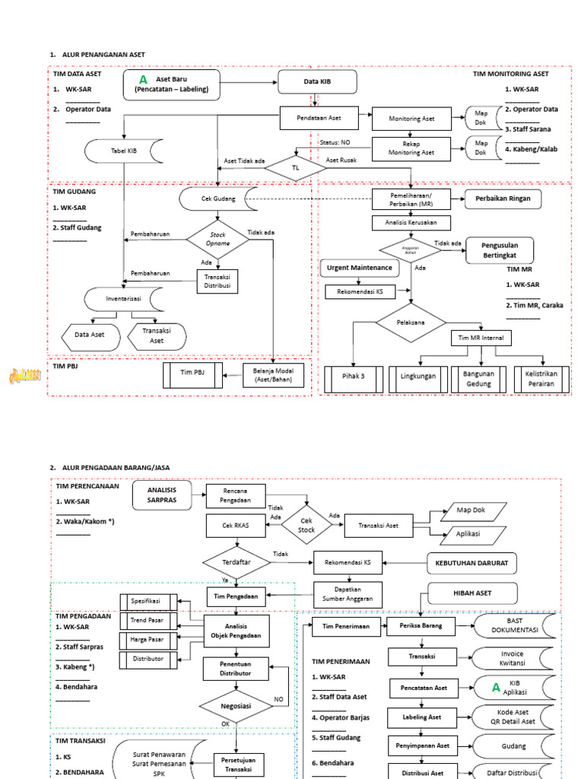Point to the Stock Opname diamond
(x=218, y=240)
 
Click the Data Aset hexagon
(x=90, y=335)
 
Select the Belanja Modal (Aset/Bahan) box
(x=274, y=374)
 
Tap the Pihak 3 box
(x=351, y=379)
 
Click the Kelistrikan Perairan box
(x=543, y=379)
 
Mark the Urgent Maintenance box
(x=360, y=268)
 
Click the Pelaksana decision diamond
(x=411, y=323)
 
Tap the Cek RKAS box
(x=236, y=526)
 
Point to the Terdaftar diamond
(x=236, y=563)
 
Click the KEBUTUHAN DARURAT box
(x=471, y=562)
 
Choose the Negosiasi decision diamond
(x=236, y=706)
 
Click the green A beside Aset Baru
(x=143, y=80)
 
